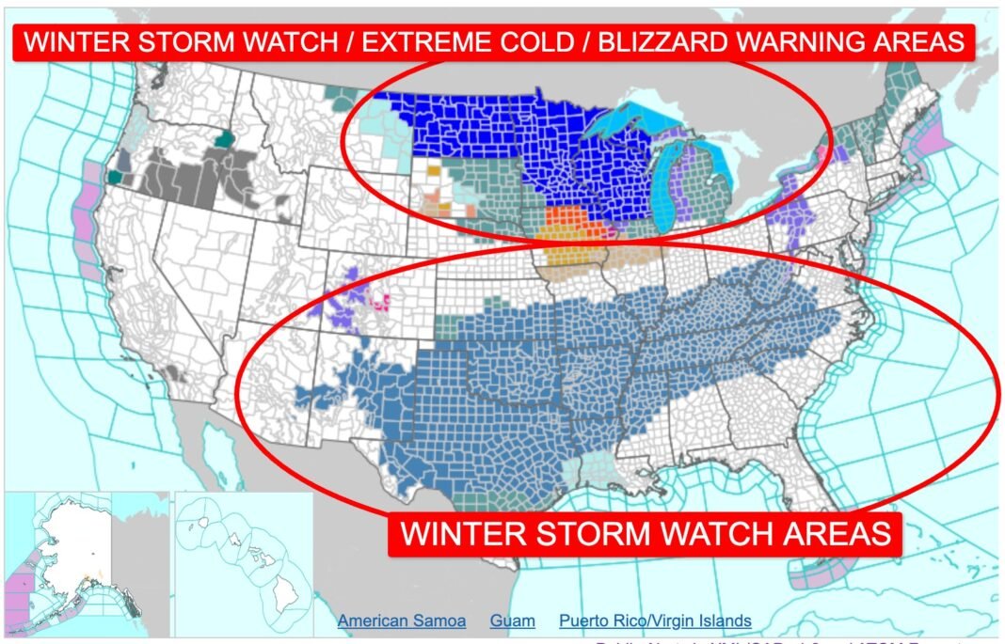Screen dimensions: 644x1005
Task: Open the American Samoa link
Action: click(402, 620)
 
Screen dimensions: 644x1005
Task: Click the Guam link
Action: click(512, 620)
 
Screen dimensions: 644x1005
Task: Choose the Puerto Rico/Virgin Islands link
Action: click(655, 620)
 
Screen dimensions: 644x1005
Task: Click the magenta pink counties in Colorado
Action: click(381, 301)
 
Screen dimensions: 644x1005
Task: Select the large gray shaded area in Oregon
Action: click(179, 179)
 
